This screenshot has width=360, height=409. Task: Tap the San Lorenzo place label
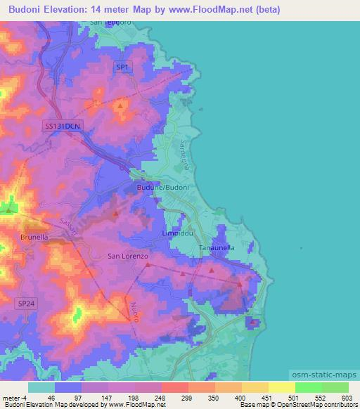(x=128, y=257)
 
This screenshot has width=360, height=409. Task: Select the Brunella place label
(x=34, y=238)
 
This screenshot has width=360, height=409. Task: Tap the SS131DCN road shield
(x=63, y=126)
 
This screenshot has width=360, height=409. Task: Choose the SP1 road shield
(x=123, y=67)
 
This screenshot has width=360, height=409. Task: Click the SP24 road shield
(x=26, y=302)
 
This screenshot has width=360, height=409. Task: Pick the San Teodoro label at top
(x=111, y=23)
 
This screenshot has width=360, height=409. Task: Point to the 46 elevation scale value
(x=50, y=397)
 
